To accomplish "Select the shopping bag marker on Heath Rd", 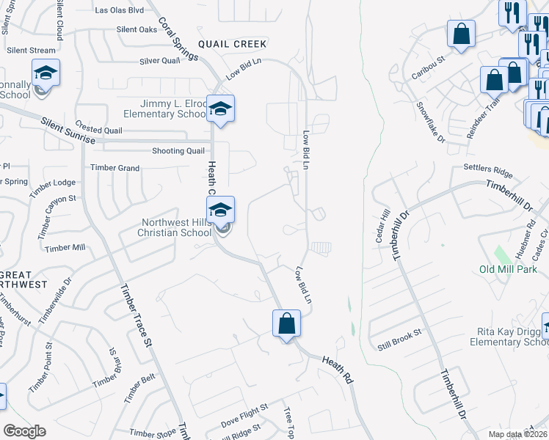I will tap(286, 324).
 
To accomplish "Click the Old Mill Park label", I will tap(508, 269).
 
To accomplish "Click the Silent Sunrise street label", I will tap(68, 131).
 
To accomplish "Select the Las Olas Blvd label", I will tap(120, 10).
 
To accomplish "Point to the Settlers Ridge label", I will tap(487, 171).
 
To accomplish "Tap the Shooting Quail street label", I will tap(178, 151).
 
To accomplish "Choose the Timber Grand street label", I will tap(114, 168).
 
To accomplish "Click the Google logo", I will tap(24, 431).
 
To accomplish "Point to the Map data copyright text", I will tap(518, 434).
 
